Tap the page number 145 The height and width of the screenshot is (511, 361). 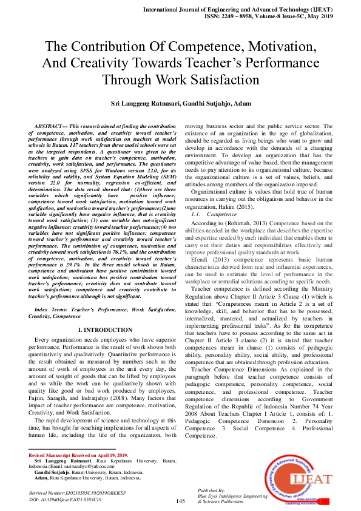click(180, 501)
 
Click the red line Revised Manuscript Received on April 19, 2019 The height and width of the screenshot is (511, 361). click(78, 455)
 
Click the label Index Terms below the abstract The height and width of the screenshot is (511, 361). click(53, 310)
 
